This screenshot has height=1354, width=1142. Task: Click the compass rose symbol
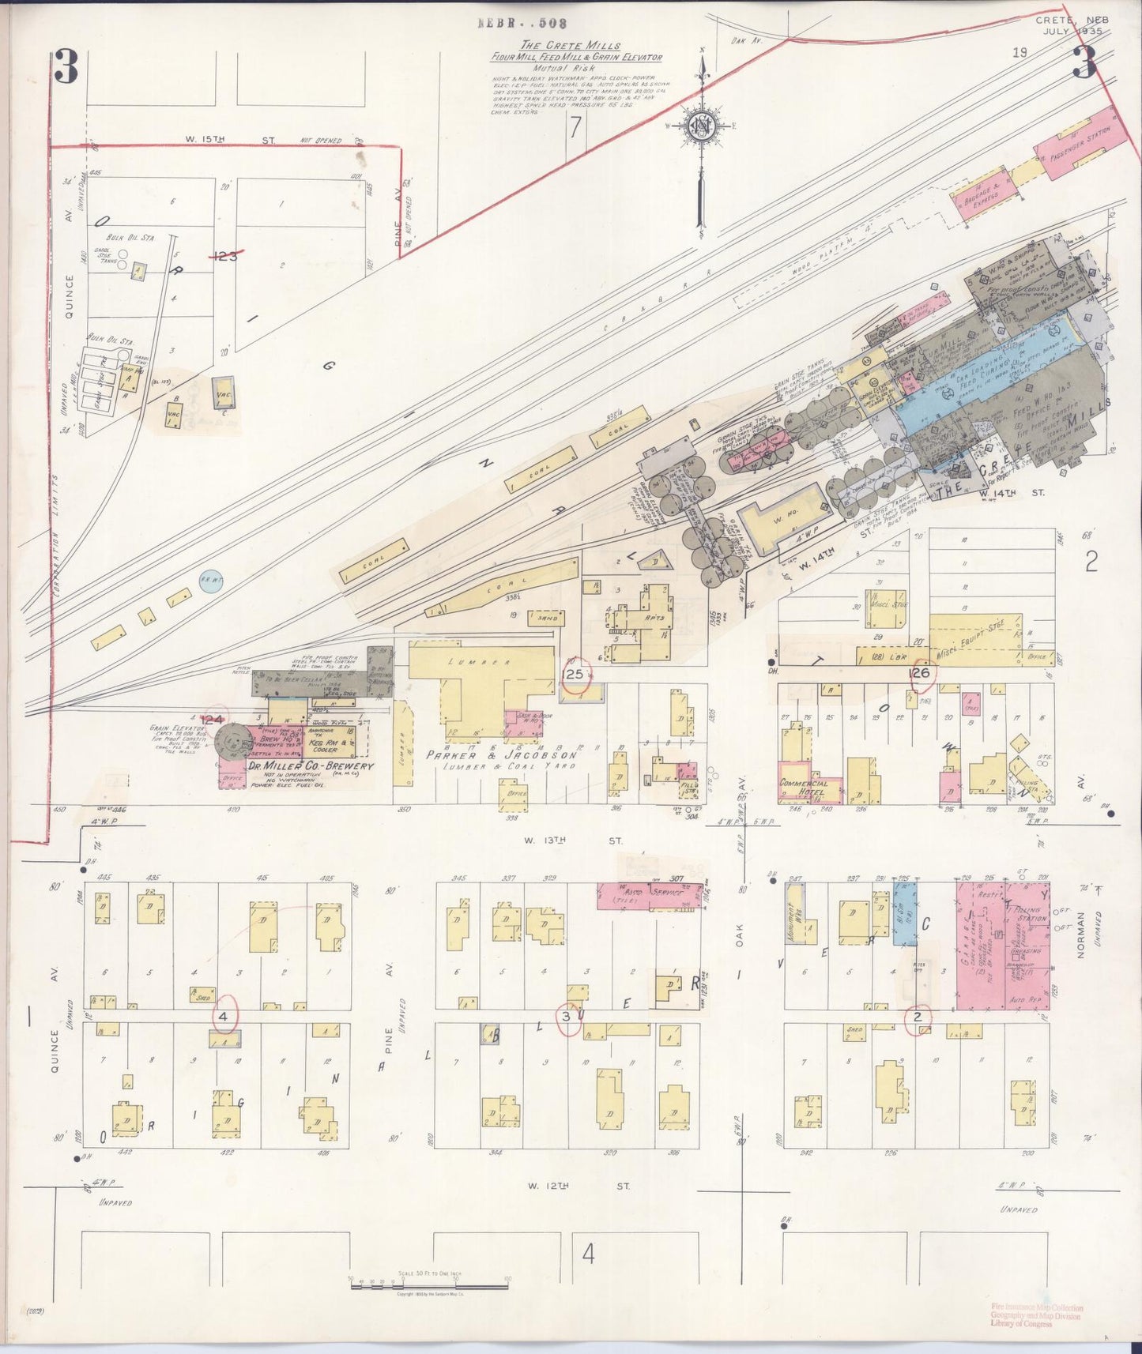tap(699, 126)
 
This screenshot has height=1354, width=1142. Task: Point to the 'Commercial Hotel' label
tap(803, 787)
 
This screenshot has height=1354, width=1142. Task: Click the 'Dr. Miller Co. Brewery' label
tap(311, 766)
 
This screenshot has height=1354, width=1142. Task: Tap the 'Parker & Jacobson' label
tap(501, 755)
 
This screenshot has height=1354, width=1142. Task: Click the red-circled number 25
tap(575, 674)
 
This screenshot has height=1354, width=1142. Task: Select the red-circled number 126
tap(920, 673)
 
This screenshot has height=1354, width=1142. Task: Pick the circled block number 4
tap(224, 1016)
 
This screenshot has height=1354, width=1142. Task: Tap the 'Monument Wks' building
tap(801, 913)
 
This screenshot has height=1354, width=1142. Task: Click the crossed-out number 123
tap(227, 255)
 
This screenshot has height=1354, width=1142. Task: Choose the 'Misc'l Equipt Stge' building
tap(975, 639)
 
